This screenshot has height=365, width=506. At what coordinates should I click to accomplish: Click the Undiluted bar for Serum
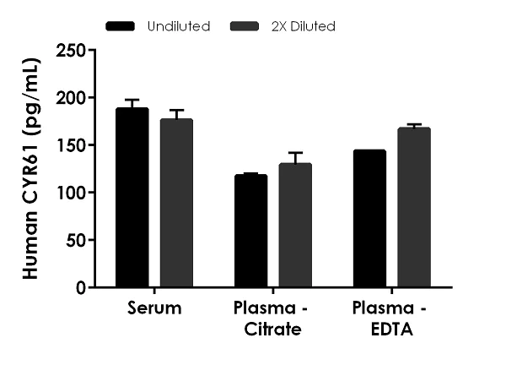(132, 199)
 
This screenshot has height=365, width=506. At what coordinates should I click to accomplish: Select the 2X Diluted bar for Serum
(176, 204)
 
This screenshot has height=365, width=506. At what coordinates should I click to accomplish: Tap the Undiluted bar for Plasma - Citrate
(251, 232)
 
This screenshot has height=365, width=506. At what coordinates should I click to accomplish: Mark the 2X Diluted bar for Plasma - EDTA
(414, 208)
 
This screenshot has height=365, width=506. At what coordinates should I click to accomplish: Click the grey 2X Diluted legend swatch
(245, 26)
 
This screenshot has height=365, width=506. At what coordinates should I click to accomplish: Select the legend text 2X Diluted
(304, 26)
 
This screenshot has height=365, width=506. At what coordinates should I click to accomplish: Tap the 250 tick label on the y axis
(72, 51)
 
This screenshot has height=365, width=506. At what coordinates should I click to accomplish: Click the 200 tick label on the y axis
(72, 98)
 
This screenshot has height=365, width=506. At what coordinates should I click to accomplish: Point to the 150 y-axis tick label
(72, 145)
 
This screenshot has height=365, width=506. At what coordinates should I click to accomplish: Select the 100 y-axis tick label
(72, 193)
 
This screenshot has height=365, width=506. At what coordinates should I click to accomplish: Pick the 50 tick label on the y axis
(76, 240)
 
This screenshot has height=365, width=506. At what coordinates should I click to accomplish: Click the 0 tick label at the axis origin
(81, 287)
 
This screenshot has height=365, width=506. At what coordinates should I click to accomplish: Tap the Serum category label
(154, 308)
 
